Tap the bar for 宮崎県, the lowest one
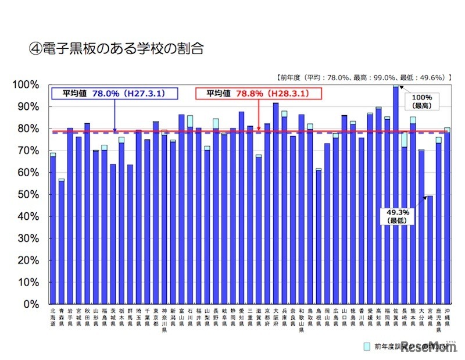430,250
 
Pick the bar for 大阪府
276,204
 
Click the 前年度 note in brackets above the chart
361,76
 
